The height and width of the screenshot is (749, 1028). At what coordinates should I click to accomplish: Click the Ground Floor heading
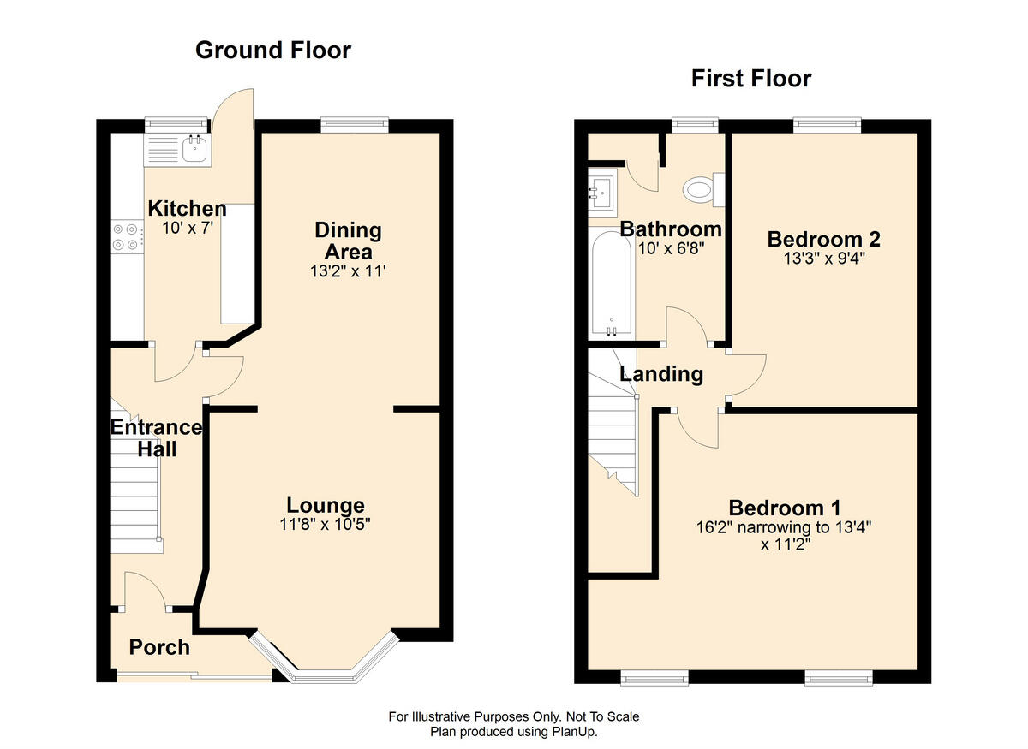[273, 50]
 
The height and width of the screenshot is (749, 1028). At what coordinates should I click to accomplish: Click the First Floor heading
[751, 79]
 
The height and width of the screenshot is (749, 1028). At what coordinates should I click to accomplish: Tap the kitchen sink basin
[194, 149]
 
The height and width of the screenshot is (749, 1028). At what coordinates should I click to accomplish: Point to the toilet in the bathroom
[703, 189]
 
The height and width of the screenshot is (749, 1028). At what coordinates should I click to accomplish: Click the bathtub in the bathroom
[612, 284]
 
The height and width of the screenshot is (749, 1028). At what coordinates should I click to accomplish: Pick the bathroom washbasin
[602, 193]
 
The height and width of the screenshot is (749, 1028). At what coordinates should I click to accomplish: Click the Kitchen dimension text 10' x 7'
[188, 228]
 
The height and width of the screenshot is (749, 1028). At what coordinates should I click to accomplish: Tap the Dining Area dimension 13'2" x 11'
[348, 271]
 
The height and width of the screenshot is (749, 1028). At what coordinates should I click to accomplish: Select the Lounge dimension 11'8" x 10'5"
[325, 524]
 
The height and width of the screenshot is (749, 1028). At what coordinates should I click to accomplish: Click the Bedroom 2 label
[824, 240]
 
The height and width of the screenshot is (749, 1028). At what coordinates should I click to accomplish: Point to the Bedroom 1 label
[785, 508]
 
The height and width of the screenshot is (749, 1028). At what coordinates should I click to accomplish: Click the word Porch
[159, 648]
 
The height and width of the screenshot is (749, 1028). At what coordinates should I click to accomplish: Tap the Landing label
[661, 374]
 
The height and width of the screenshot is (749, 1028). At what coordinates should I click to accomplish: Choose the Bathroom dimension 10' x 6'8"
[671, 248]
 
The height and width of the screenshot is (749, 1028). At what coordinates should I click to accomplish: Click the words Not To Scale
[602, 716]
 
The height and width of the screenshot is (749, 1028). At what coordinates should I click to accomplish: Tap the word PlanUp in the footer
[577, 732]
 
